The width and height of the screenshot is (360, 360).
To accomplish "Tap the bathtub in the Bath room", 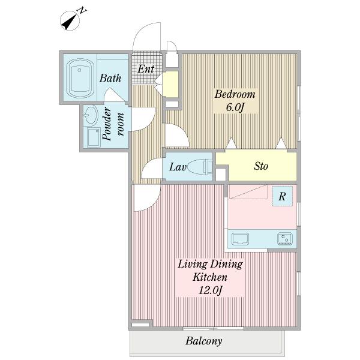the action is [x=80, y=78].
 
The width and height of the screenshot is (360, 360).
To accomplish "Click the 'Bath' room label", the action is [x=110, y=78].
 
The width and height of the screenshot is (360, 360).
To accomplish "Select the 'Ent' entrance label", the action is [x=146, y=68].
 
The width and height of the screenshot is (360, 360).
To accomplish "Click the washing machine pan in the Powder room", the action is [x=94, y=137].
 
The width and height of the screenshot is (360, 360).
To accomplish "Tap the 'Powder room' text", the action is [x=113, y=124].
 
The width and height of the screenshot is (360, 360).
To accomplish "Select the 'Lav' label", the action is [x=178, y=167].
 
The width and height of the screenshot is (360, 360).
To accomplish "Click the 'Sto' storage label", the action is [x=261, y=166].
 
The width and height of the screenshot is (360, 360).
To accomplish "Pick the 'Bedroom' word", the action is [x=235, y=94].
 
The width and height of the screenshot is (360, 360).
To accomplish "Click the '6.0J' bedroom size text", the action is [x=235, y=107].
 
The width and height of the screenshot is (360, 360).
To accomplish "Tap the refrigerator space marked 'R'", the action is [x=283, y=196].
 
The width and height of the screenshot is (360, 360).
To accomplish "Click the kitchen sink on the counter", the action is [x=240, y=239].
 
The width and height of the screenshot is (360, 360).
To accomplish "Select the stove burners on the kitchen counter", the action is [x=284, y=239].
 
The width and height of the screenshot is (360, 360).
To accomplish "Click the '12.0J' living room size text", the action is [x=210, y=290].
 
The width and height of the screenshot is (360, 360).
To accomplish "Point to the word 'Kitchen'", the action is [x=210, y=277].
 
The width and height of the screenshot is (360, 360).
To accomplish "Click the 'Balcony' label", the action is [x=204, y=341].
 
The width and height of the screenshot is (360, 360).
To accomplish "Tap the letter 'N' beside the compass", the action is [x=82, y=11].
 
